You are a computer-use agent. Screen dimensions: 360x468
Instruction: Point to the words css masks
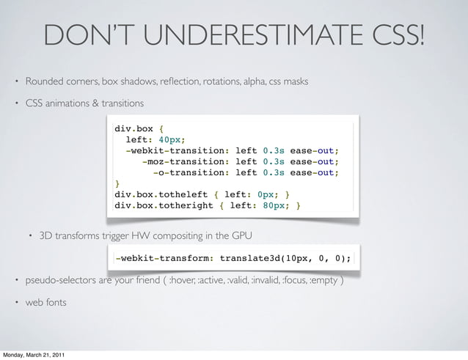(292, 80)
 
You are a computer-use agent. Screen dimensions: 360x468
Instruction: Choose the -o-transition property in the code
(192, 173)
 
